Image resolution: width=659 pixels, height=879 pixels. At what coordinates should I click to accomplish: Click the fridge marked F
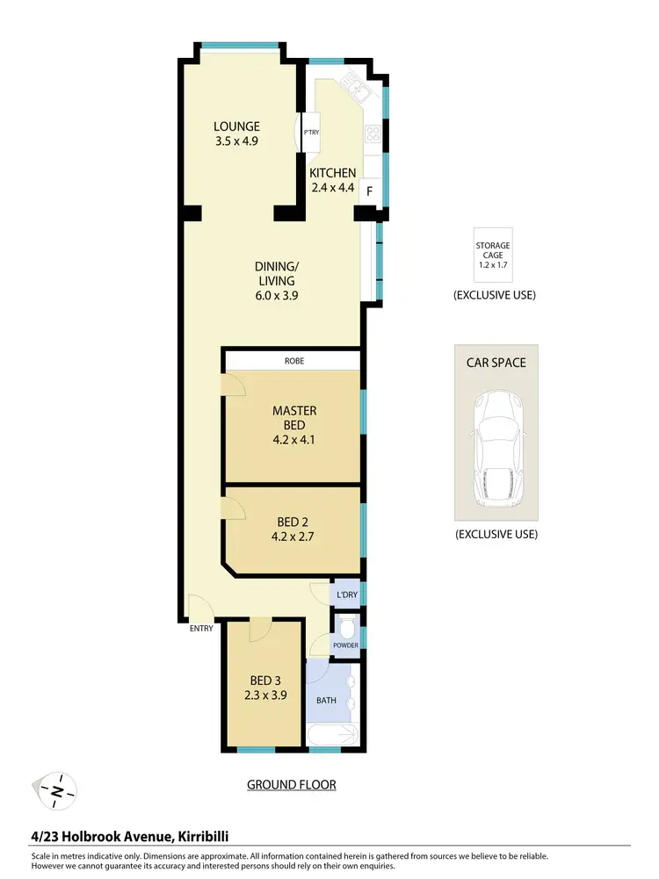point(369,191)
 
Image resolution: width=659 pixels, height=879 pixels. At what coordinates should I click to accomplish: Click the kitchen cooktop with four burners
point(372,134)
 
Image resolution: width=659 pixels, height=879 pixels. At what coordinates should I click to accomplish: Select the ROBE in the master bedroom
point(293,360)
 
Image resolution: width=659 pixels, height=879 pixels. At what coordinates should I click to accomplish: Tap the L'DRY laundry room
point(345,594)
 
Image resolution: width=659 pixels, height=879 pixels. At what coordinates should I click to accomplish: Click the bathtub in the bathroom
point(335,736)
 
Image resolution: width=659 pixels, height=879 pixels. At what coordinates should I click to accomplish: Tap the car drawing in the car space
point(497,450)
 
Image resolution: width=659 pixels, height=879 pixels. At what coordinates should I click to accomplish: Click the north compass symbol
point(55,791)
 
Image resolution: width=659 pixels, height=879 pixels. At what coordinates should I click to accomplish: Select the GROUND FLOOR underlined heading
point(291,785)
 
